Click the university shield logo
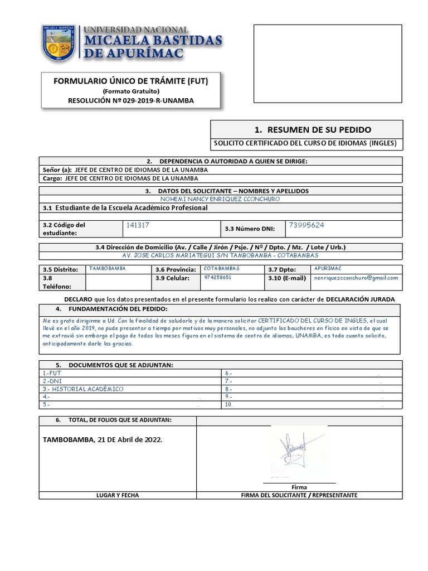59,43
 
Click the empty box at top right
328,64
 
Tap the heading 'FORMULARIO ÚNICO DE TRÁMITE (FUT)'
130,81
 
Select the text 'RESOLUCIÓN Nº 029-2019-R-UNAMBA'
130,100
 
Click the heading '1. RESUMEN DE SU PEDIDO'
312,129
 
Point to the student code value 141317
138,225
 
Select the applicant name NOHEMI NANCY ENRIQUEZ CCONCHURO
220,199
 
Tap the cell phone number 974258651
218,277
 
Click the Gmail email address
356,278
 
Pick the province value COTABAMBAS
221,268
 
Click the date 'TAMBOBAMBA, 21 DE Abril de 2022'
103,439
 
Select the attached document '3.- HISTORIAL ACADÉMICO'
83,389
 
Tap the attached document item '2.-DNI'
52,381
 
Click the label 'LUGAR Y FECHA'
118,495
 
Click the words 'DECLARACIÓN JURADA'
360,299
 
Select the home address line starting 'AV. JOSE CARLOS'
220,255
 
